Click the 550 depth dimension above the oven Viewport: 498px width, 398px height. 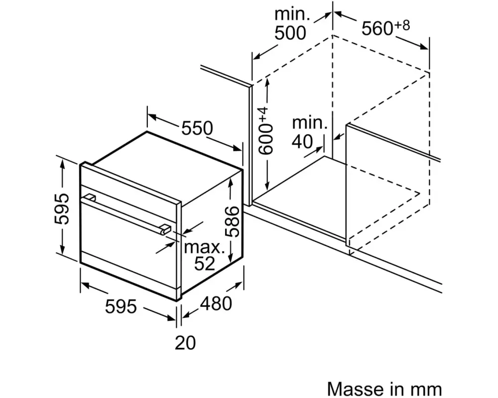[197, 128]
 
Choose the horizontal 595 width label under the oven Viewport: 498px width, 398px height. [121, 306]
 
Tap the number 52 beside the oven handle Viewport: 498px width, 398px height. [204, 264]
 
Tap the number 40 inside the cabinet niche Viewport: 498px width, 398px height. [303, 141]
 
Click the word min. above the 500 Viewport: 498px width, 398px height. [292, 13]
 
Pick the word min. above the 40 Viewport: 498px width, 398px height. [310, 122]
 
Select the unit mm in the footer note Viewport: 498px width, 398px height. [429, 388]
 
